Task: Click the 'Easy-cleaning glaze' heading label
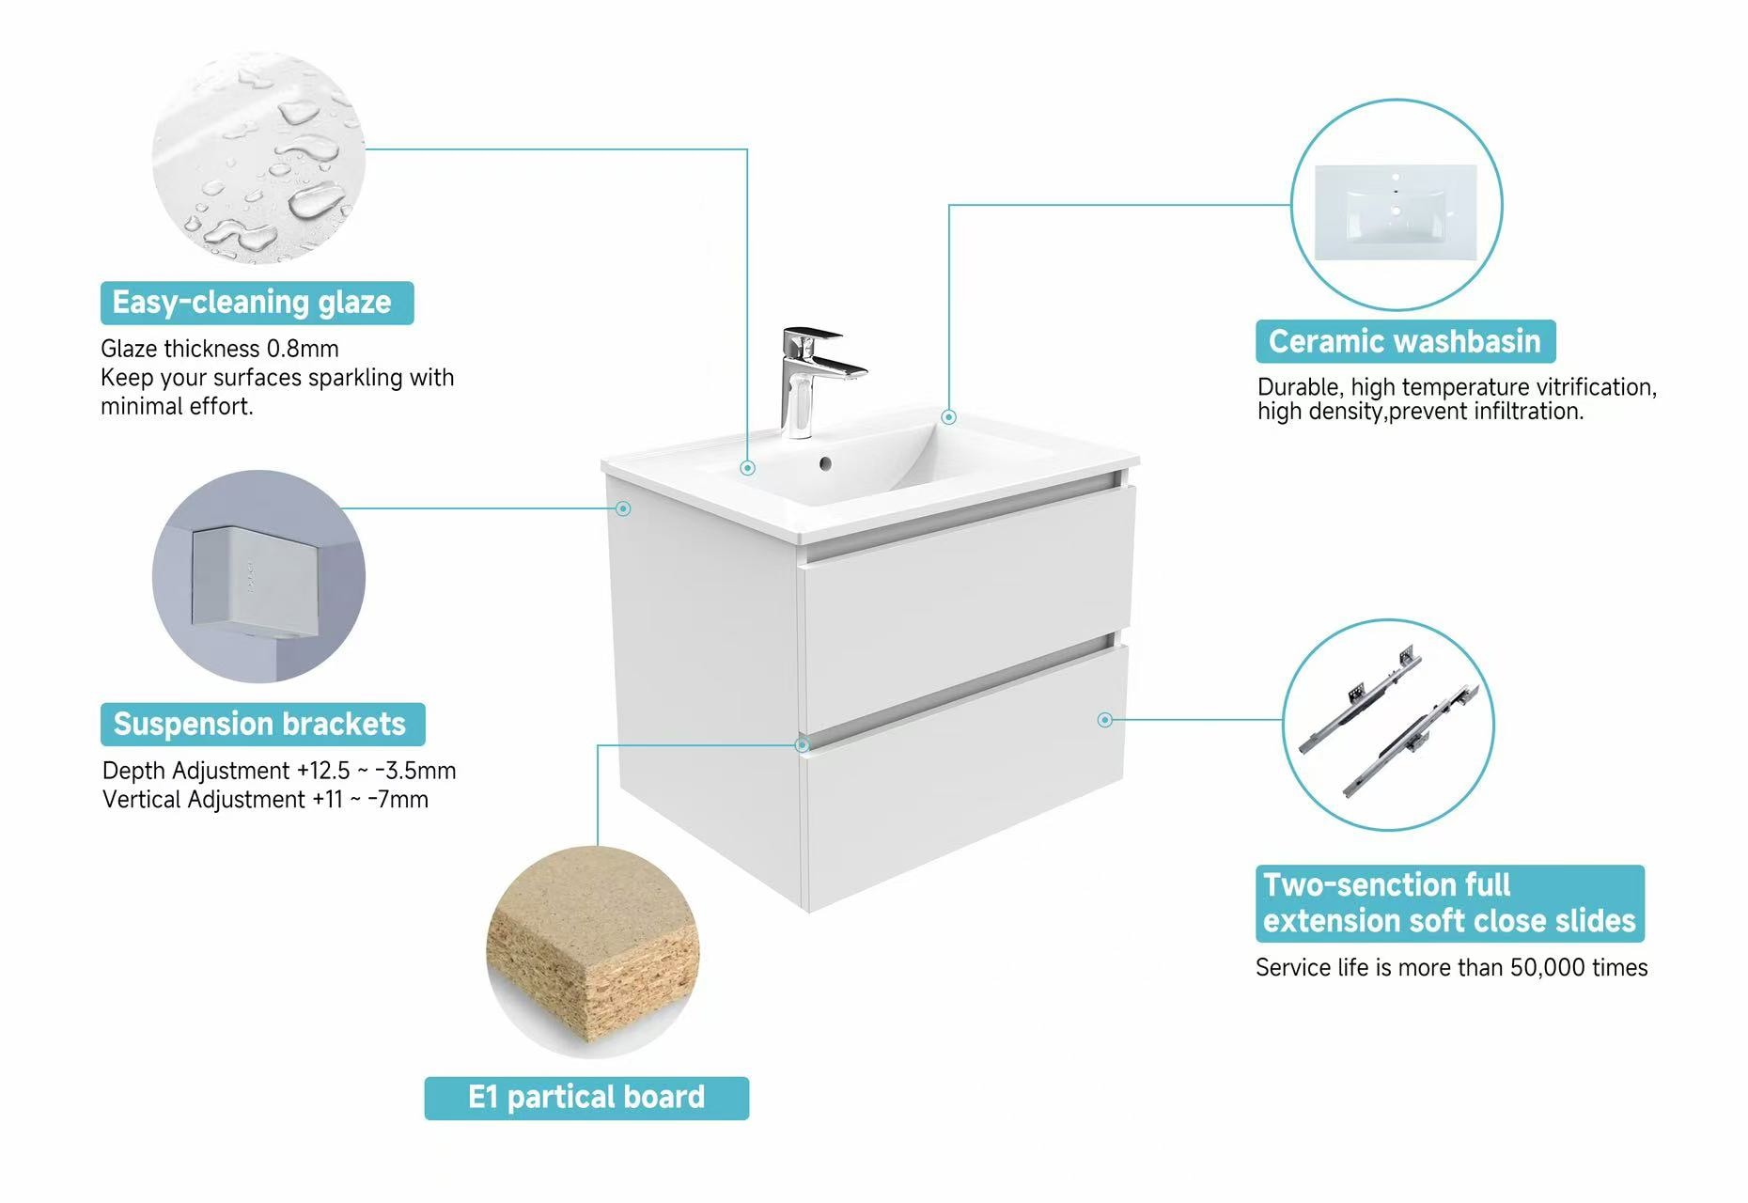coord(257,303)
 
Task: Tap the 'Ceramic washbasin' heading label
coord(1405,341)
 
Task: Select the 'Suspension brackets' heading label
coord(262,724)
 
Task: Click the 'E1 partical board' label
coord(586,1098)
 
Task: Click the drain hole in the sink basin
coord(825,463)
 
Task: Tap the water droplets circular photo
coord(258,158)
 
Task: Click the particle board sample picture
coord(593,952)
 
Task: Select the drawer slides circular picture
coord(1389,725)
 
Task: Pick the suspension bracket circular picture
coord(258,576)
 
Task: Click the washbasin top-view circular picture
coord(1397,205)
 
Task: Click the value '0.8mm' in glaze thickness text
coord(303,349)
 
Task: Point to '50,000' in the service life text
coord(1547,968)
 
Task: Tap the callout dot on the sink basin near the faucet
coord(747,468)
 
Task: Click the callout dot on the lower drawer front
coord(1105,720)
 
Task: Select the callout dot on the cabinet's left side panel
coord(623,508)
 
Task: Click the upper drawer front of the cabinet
coord(967,605)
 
